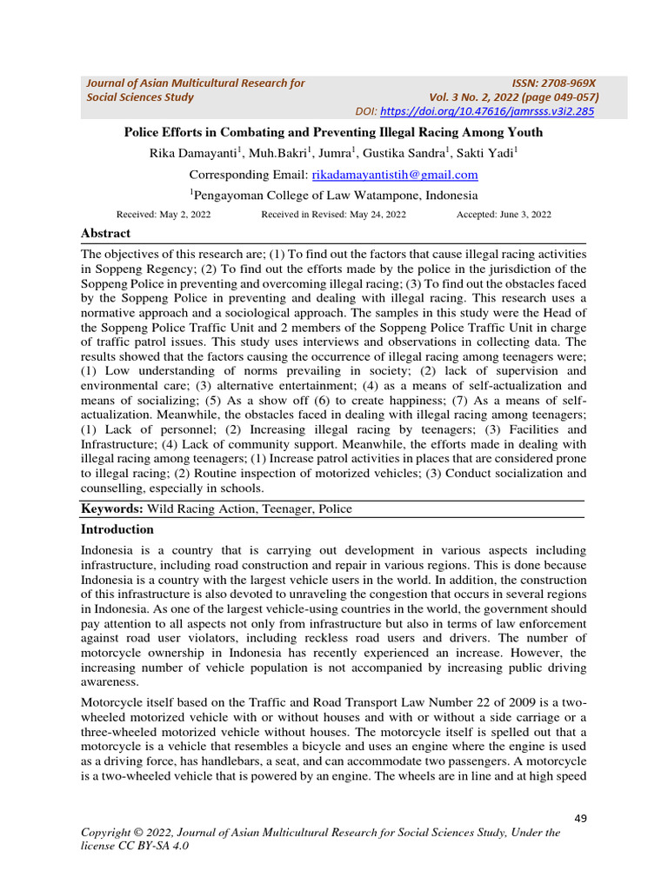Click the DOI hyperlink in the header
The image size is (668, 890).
click(487, 111)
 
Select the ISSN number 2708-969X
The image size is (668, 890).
click(562, 83)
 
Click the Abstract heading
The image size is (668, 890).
click(105, 233)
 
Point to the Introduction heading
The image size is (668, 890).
click(117, 528)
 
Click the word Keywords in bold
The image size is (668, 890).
click(112, 508)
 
